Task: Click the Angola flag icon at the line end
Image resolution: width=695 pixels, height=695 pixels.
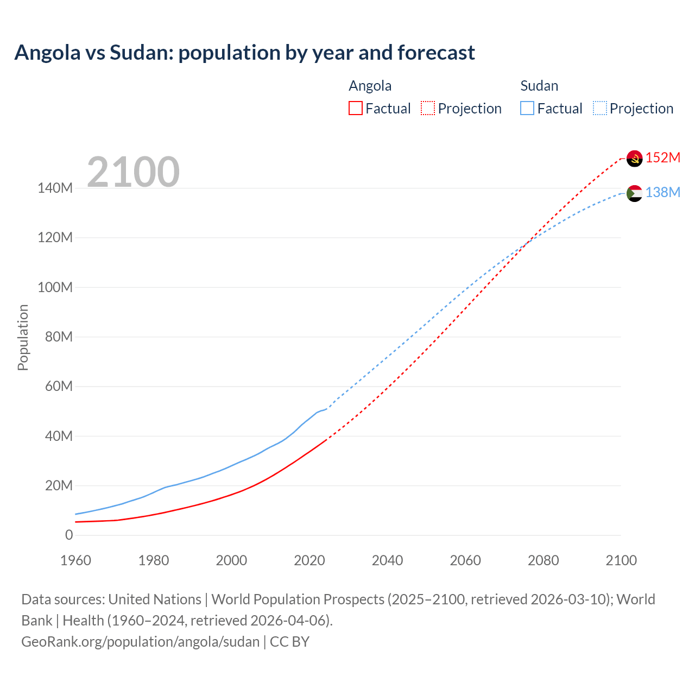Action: (x=634, y=158)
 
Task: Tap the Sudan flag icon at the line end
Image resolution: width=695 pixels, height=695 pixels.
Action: (x=634, y=193)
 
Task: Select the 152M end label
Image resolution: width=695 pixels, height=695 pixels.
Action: (x=663, y=158)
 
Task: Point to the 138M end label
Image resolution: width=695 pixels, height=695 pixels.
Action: (x=663, y=193)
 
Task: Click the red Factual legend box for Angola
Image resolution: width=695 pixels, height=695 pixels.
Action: (x=356, y=108)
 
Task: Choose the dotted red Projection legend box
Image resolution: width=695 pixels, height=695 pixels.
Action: (x=428, y=108)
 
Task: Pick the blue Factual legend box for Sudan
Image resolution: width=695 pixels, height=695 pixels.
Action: (x=527, y=108)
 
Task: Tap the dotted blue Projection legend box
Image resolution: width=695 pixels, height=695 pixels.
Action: (x=600, y=108)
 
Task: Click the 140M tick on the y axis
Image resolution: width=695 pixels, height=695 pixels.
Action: (x=55, y=188)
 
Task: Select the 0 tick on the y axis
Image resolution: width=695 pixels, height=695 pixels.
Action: (x=69, y=535)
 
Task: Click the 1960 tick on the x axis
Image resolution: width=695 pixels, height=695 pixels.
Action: (x=75, y=561)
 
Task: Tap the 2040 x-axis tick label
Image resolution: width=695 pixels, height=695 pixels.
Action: (x=387, y=561)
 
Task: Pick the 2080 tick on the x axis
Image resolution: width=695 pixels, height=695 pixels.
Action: (x=543, y=561)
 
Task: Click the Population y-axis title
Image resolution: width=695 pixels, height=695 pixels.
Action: (x=23, y=337)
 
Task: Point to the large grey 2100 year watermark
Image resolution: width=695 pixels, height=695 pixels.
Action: (x=133, y=172)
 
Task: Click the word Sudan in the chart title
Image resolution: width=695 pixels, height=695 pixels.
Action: (x=144, y=53)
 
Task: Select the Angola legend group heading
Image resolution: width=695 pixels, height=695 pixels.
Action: (x=370, y=86)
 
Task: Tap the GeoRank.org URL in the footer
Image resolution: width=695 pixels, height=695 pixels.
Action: (x=141, y=642)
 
